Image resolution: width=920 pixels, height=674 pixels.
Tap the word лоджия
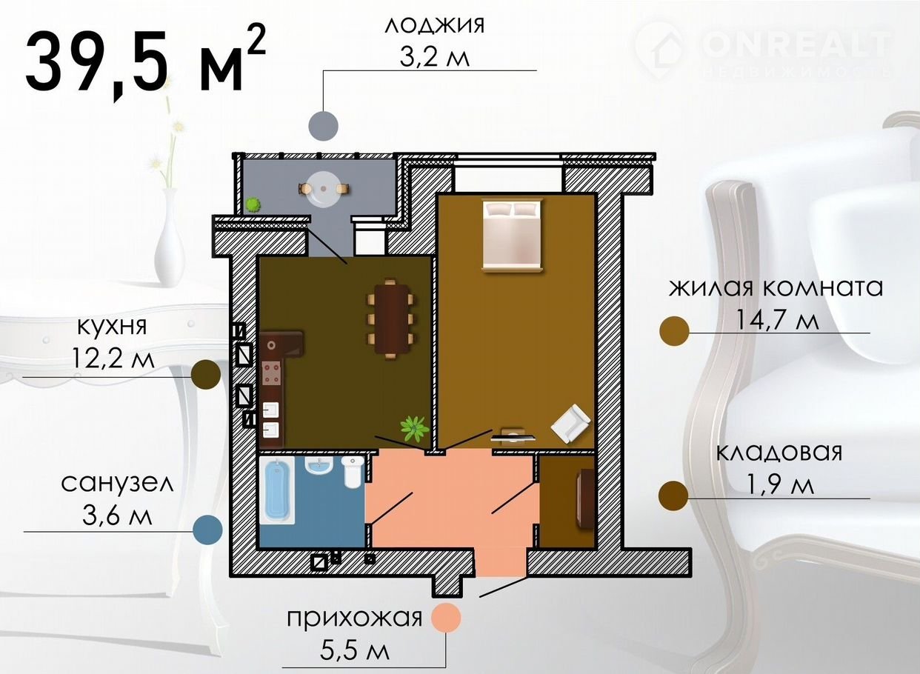[x=435, y=26]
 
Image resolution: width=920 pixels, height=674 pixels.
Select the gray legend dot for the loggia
[x=324, y=126]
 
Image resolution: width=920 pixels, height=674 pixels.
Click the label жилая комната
[x=776, y=288]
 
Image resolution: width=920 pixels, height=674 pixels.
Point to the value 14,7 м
[x=778, y=320]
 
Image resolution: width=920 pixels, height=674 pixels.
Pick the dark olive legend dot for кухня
[x=206, y=375]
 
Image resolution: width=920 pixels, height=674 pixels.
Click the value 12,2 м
[x=113, y=358]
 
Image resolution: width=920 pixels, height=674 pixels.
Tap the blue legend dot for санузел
[x=208, y=530]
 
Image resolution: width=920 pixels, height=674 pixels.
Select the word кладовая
[x=779, y=453]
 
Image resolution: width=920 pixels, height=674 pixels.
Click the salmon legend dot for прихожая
[x=446, y=617]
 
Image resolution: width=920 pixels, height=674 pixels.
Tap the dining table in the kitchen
[x=390, y=318]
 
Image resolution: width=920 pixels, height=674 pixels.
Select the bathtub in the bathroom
[x=278, y=491]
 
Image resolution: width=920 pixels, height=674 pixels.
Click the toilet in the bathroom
[x=353, y=473]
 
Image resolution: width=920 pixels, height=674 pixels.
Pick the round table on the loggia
[x=324, y=189]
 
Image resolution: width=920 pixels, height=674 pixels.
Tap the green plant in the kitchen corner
[x=415, y=429]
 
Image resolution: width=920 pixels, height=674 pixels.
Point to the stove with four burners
[x=272, y=373]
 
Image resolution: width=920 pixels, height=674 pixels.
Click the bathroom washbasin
[x=319, y=466]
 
